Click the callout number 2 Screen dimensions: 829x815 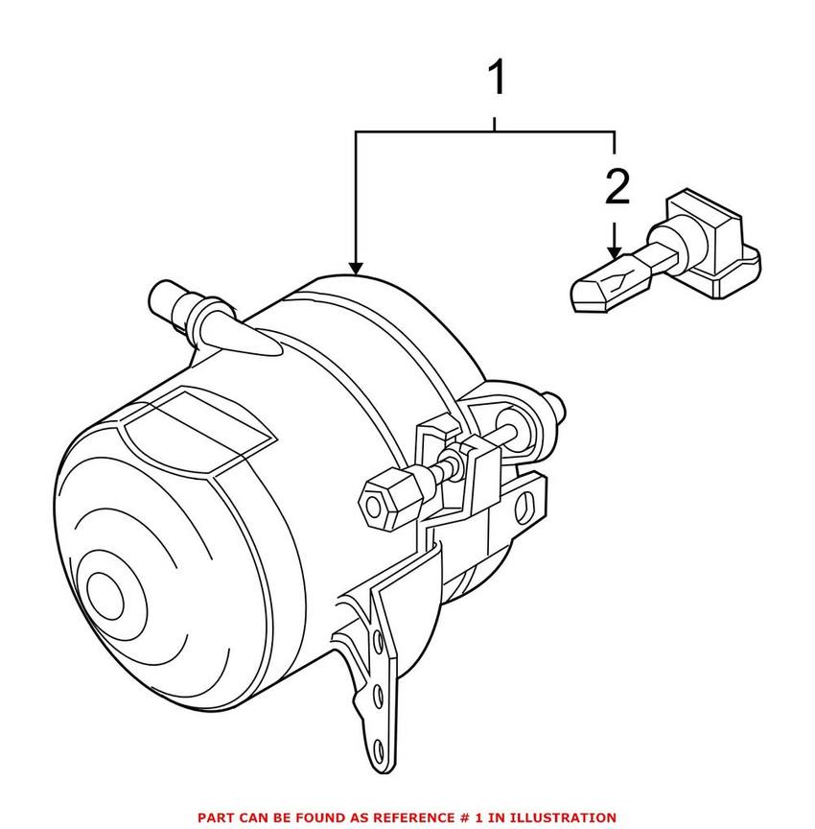click(617, 188)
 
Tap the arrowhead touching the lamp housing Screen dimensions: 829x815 click(356, 268)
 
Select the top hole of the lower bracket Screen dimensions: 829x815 click(384, 641)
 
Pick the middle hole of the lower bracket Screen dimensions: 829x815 click(383, 696)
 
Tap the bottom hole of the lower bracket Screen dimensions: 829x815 click(378, 748)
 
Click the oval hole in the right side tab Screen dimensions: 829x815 click(524, 502)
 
